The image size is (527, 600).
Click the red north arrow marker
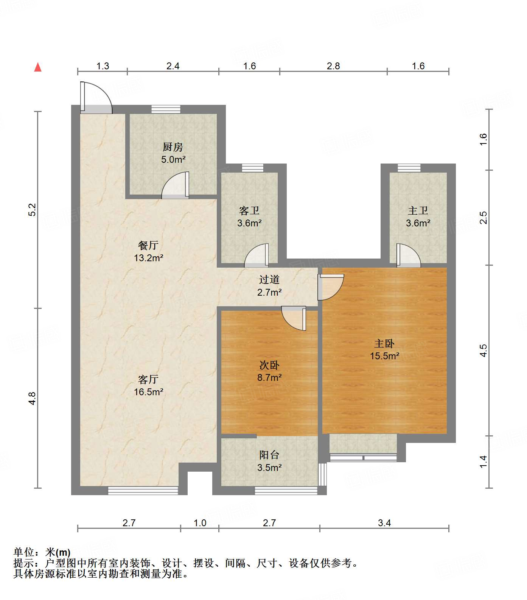pos(38,67)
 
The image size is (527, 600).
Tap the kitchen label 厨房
pos(173,147)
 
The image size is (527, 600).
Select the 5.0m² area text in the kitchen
pos(173,159)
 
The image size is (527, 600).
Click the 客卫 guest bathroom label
pos(249,210)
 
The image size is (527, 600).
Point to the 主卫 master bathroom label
pos(418,210)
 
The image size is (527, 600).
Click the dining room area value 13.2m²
pos(148,258)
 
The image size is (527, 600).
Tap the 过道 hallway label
pos(269,280)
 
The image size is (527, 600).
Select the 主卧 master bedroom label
pos(384,343)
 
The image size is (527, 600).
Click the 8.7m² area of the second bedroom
pos(269,377)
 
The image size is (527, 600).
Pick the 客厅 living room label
pos(148,379)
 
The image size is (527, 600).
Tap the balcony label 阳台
pos(269,455)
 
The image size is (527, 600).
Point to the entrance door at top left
pos(96,98)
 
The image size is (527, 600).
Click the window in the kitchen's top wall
pos(166,109)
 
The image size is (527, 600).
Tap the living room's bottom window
pos(143,491)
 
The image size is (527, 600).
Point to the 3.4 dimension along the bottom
pos(384,523)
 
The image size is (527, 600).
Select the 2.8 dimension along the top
pos(333,66)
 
